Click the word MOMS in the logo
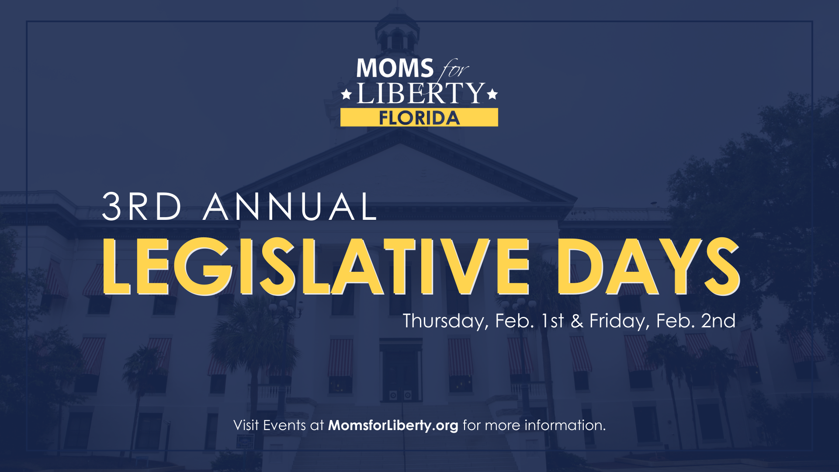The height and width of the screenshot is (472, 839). (395, 68)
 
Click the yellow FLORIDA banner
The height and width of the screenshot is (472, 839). (419, 118)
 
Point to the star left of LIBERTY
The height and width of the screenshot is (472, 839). (347, 94)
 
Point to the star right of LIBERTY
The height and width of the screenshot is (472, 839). (492, 94)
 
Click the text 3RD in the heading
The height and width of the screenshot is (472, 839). (142, 206)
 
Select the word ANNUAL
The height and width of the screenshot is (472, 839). (290, 206)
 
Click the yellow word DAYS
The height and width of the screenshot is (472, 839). (648, 267)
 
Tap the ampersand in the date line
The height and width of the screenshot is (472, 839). (577, 321)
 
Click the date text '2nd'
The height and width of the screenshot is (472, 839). (718, 321)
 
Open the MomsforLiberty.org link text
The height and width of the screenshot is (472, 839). (393, 426)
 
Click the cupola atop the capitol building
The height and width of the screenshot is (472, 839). (397, 31)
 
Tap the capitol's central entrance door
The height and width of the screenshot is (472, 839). (400, 376)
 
